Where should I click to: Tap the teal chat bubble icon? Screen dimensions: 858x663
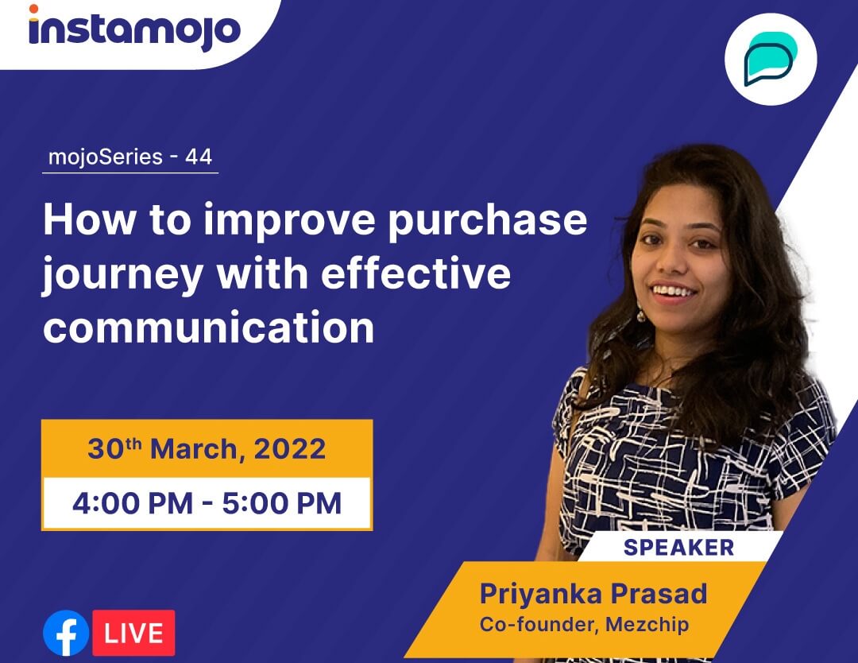(771, 59)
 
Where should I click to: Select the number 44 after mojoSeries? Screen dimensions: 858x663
(199, 157)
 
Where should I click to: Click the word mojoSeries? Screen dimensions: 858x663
(106, 157)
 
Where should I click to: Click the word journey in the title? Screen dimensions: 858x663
(122, 276)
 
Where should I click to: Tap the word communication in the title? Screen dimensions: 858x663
(208, 328)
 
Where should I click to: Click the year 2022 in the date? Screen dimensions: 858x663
(290, 449)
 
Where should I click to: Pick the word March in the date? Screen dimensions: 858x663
(195, 450)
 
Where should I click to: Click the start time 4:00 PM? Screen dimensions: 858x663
(133, 503)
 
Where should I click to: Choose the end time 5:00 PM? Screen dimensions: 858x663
(282, 503)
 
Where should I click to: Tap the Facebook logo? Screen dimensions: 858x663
(66, 633)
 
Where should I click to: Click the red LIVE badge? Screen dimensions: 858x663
(133, 633)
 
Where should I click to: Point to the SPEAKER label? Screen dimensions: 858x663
(678, 548)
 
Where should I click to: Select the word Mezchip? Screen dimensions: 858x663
(647, 625)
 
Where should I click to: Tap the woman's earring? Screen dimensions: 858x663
(641, 314)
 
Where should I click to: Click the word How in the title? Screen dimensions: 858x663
(90, 220)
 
